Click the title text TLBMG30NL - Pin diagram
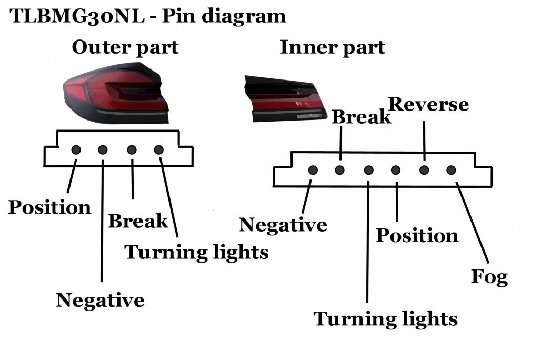(x=148, y=16)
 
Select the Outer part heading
(x=125, y=47)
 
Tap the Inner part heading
(x=332, y=47)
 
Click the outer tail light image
(x=116, y=93)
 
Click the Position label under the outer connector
(x=49, y=207)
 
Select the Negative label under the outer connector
(x=100, y=300)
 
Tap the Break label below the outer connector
(x=138, y=221)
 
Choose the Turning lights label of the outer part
(x=196, y=253)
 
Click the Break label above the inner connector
(x=361, y=117)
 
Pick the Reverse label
(x=428, y=104)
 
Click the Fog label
(x=489, y=277)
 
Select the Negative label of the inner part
(x=283, y=225)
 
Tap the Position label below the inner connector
(x=417, y=235)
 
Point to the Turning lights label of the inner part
(x=386, y=318)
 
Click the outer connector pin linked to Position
(x=76, y=150)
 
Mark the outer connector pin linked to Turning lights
(x=158, y=150)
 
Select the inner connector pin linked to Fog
(x=451, y=170)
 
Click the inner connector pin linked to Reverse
(x=424, y=170)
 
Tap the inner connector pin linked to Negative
(x=313, y=170)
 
